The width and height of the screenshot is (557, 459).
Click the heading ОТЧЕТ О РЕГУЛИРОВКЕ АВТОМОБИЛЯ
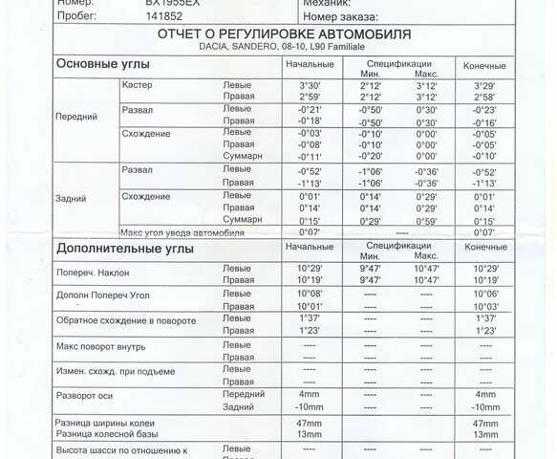[x=285, y=34]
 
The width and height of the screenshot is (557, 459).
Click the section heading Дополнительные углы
[x=125, y=249]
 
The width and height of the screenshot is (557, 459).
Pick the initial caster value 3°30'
[x=309, y=85]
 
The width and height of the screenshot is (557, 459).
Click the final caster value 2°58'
[x=485, y=97]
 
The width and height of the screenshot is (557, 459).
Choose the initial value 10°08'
[x=309, y=294]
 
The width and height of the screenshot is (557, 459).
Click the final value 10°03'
[x=485, y=306]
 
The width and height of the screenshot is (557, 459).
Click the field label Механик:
[x=328, y=4]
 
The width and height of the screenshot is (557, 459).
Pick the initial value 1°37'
[x=309, y=317]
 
